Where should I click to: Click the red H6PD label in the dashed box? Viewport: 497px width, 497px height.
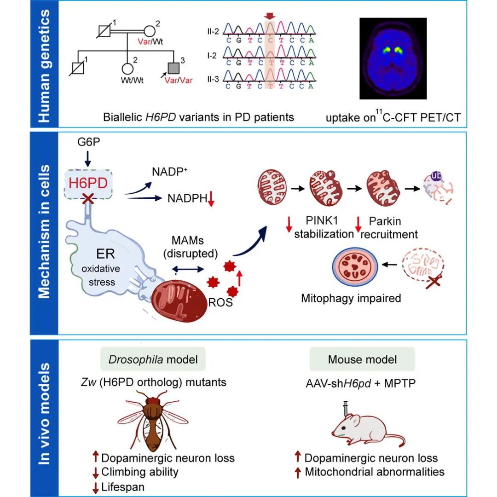click(x=88, y=183)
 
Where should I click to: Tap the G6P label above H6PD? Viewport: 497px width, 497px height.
click(x=88, y=142)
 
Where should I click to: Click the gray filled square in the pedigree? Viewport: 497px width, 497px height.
click(x=173, y=68)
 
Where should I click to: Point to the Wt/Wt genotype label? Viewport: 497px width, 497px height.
click(x=132, y=80)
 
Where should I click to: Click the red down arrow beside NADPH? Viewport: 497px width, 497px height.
click(x=211, y=199)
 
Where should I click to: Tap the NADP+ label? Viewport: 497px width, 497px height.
click(x=170, y=172)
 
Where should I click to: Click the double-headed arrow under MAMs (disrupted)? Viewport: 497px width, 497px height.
click(x=188, y=269)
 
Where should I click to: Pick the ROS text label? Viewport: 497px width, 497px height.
click(x=220, y=302)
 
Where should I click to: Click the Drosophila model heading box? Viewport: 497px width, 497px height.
click(x=153, y=359)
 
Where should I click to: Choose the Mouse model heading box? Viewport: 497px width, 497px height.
click(x=362, y=359)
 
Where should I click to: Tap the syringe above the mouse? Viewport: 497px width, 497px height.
click(x=346, y=408)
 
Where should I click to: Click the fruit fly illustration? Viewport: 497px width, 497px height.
click(x=153, y=420)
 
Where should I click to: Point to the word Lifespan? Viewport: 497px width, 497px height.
click(x=123, y=487)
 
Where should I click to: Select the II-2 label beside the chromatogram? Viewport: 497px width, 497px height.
click(x=213, y=31)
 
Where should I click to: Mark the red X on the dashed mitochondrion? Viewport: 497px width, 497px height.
click(x=434, y=281)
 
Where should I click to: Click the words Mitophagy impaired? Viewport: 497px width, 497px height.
click(x=351, y=298)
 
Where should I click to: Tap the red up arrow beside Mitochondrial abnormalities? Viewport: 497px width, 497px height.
click(x=298, y=472)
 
